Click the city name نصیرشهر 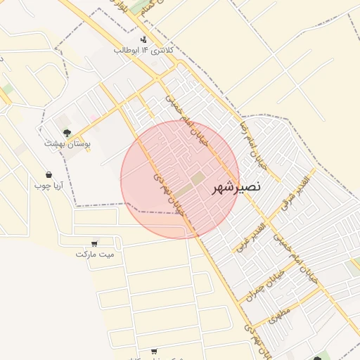coord(236,187)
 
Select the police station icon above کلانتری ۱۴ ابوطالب coord(143,39)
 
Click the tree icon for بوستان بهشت coord(67,132)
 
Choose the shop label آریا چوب coord(49,186)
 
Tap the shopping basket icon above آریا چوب coord(49,174)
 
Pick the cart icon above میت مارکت coord(94,243)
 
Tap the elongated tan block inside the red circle coord(182,191)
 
